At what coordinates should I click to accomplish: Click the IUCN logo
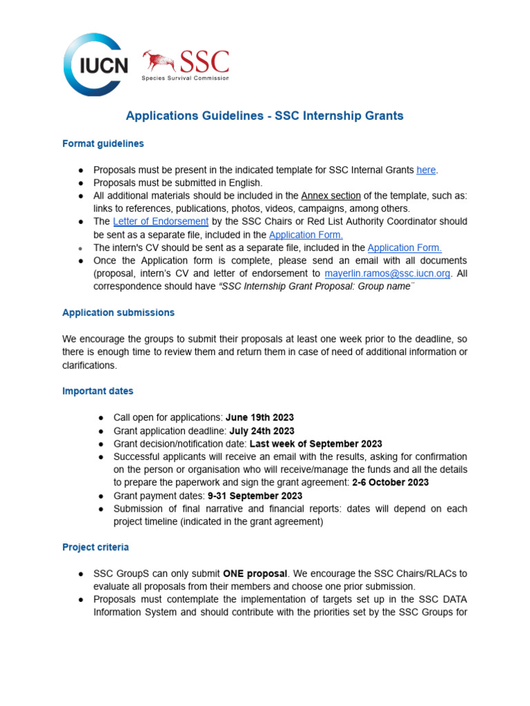(x=95, y=65)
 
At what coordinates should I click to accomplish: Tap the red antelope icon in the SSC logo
(x=159, y=61)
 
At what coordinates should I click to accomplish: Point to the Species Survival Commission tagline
(x=185, y=78)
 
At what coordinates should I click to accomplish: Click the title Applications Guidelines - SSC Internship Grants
(x=264, y=116)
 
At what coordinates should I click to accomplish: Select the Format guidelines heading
(x=103, y=143)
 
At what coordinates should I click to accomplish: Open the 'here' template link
(x=426, y=170)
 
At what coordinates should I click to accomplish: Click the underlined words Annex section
(x=331, y=196)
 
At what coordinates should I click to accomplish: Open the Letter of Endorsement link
(x=160, y=221)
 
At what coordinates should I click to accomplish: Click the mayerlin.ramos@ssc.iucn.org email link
(x=388, y=273)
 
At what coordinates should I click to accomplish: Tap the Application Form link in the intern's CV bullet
(x=404, y=248)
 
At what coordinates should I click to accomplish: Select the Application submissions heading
(x=118, y=312)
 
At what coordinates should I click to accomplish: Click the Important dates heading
(x=97, y=391)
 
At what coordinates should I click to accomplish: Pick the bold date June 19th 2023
(x=259, y=417)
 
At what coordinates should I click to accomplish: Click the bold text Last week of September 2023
(x=315, y=444)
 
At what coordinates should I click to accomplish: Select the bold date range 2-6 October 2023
(x=390, y=483)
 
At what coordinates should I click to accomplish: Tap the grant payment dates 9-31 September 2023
(x=255, y=496)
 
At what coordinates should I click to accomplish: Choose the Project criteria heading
(x=95, y=547)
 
